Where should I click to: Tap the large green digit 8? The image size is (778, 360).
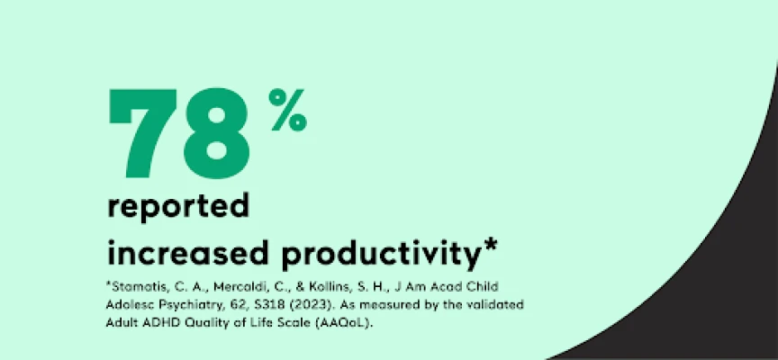tap(217, 133)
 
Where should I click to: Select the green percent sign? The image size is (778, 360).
tap(288, 110)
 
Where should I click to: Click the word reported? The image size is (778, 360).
tap(178, 207)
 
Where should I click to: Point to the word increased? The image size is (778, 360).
tap(188, 251)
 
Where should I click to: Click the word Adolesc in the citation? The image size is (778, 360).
tap(129, 305)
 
